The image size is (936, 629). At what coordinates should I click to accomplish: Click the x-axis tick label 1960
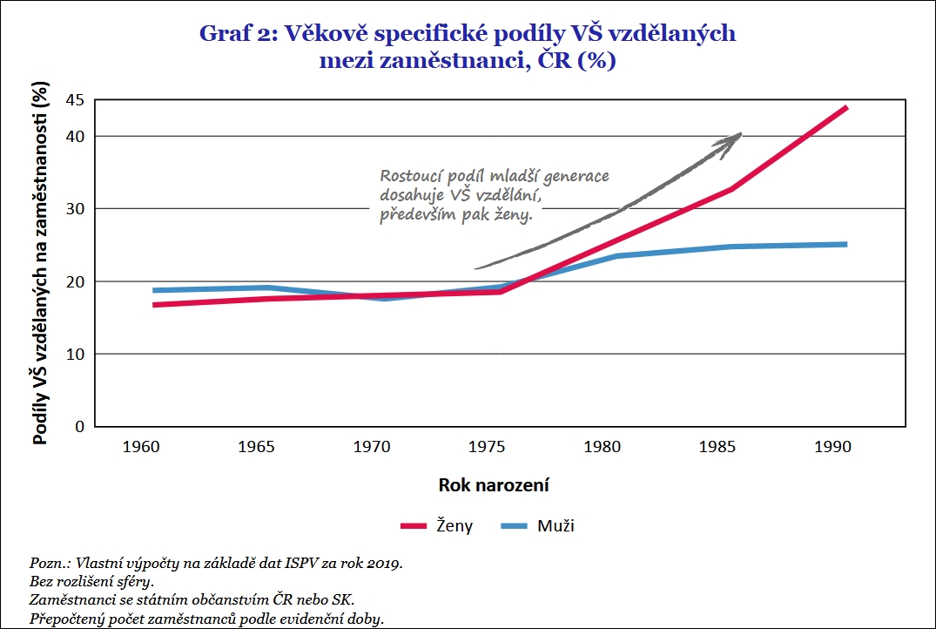coord(141,447)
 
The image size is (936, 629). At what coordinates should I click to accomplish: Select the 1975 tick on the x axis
coord(488,447)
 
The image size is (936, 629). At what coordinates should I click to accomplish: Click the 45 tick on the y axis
coord(75,100)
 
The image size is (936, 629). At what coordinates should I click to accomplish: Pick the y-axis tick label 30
coord(75,209)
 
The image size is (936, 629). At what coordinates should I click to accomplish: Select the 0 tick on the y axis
coord(79,427)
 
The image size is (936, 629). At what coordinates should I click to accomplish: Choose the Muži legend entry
coord(538,526)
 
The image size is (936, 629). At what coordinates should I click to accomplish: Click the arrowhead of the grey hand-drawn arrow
coord(736,137)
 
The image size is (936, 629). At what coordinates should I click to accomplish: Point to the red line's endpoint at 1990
coord(845,107)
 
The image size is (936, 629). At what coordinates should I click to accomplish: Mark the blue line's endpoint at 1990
coord(845,244)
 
